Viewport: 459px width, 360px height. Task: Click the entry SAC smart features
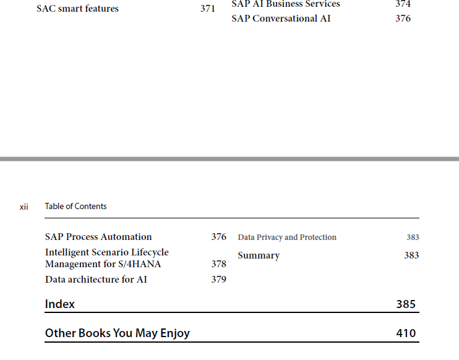pos(77,9)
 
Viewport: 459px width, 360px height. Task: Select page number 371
pos(208,9)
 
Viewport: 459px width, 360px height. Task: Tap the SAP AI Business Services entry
pos(286,4)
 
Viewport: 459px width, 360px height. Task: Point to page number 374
pos(403,4)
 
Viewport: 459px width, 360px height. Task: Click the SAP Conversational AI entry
pos(281,19)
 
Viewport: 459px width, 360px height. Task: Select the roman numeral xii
pos(24,207)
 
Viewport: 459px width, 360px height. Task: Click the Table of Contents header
pos(75,207)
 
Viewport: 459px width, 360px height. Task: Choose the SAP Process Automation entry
pos(98,237)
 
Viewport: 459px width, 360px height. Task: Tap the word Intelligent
pos(67,252)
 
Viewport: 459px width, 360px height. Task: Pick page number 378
pos(218,264)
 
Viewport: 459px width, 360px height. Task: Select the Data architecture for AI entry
pos(96,280)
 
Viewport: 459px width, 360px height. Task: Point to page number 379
pos(218,280)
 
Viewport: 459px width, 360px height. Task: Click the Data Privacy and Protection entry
pos(287,237)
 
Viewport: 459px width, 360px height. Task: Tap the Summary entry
pos(259,255)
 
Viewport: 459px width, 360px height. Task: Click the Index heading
pos(60,304)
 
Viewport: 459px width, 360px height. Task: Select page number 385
pos(406,304)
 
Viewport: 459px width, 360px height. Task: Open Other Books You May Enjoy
pos(118,333)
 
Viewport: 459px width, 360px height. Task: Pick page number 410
pos(406,333)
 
